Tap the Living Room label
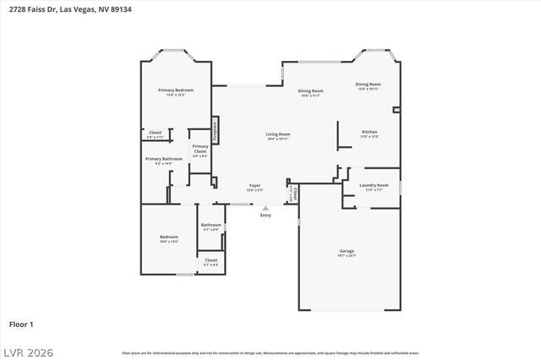point(278,134)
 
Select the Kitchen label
point(369,133)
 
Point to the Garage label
point(347,251)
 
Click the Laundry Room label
point(374,185)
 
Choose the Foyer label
point(254,185)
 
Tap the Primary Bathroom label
point(163,159)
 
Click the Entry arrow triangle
point(265,208)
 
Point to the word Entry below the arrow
point(265,215)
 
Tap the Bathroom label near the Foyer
point(210,225)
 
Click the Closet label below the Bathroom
point(210,260)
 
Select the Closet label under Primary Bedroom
point(156,133)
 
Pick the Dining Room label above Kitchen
point(368,85)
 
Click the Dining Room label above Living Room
point(310,91)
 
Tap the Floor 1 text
point(21,323)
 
